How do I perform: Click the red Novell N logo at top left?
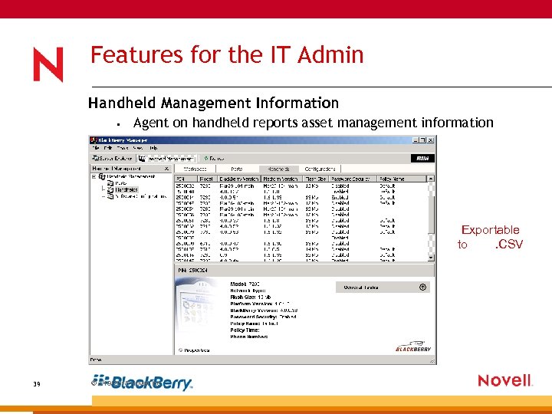[x=48, y=64]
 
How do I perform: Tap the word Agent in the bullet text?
[x=150, y=123]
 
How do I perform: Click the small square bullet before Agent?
[x=112, y=123]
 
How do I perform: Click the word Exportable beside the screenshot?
[x=490, y=230]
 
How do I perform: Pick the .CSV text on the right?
[x=509, y=245]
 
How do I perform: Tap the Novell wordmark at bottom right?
[x=504, y=380]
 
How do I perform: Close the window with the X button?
[x=431, y=140]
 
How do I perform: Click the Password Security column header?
[x=351, y=178]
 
